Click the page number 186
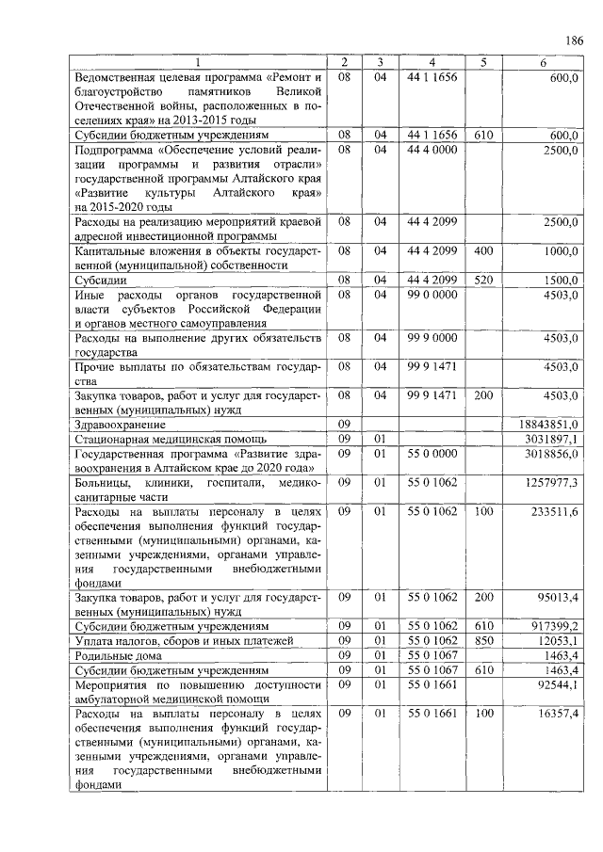574,40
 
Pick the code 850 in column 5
483,640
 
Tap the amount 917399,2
557,626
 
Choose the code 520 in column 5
483,280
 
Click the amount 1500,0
562,280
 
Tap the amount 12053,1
559,640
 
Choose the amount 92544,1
559,683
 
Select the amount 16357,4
559,715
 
